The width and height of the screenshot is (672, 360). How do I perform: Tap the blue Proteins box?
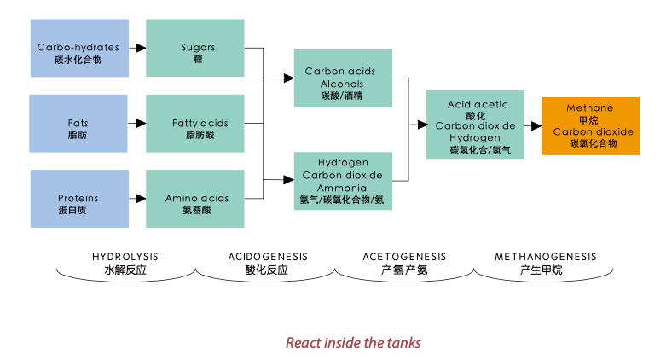coord(78,199)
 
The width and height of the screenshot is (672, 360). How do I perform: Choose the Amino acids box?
coord(198,199)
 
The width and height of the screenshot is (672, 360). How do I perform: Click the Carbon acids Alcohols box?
coord(343,78)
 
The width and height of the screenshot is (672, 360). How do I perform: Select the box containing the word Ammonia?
coord(343,181)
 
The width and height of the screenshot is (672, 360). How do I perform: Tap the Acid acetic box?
coord(475,125)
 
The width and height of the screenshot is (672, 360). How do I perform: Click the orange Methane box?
coord(590,125)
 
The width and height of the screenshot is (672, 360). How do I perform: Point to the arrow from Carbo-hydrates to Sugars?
coord(137,49)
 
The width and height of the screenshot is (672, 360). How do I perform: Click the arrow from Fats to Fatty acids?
coord(137,124)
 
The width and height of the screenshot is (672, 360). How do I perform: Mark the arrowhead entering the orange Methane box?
coord(536,125)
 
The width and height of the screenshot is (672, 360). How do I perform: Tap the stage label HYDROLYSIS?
coord(125,257)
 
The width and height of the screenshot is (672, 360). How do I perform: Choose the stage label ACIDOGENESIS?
coord(268,257)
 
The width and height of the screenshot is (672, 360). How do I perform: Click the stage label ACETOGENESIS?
coord(404,257)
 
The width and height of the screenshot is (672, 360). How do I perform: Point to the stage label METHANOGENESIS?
coord(546,257)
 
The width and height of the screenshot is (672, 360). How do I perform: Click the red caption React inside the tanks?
coord(352,343)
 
